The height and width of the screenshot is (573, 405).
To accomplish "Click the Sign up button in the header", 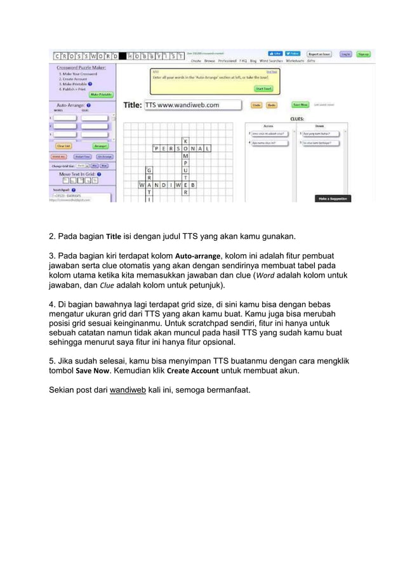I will click(364, 55).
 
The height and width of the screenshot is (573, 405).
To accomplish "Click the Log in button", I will click(345, 55).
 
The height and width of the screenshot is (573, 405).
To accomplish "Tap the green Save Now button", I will click(300, 105).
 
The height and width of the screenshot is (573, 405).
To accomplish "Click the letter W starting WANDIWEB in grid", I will click(141, 185).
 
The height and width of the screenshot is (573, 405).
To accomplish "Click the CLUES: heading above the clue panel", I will click(296, 118).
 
